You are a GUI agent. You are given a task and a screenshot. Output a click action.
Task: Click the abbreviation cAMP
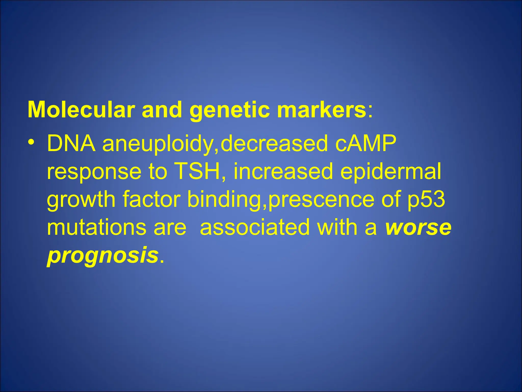[366, 143]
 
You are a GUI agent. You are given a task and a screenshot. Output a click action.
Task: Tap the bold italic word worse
[418, 228]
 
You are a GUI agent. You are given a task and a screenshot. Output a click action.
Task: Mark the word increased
[283, 171]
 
